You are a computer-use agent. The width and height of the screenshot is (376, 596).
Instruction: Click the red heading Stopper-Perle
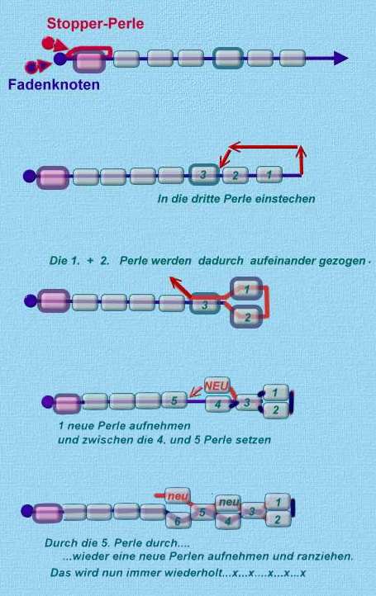click(95, 24)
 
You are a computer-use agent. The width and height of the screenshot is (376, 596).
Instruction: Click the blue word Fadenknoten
click(54, 84)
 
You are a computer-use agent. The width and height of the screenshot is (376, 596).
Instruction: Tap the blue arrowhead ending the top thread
click(341, 58)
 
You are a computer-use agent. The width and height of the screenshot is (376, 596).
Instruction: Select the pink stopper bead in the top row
click(89, 62)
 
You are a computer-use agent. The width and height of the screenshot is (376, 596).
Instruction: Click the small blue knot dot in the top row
click(59, 59)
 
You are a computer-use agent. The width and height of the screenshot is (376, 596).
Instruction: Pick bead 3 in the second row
click(204, 175)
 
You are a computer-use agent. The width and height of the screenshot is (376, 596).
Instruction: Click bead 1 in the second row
click(269, 175)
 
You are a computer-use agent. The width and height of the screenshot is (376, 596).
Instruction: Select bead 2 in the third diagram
click(246, 317)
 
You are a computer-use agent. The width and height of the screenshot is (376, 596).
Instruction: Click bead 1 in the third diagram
click(246, 289)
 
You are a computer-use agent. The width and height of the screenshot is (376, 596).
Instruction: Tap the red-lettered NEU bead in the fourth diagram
click(217, 386)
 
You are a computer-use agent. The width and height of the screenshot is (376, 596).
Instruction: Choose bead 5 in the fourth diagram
click(174, 400)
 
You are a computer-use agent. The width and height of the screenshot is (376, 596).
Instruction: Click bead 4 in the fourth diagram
click(218, 404)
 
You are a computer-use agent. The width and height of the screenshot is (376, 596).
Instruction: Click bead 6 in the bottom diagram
click(178, 520)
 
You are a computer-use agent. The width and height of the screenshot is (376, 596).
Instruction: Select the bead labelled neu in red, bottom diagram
click(178, 496)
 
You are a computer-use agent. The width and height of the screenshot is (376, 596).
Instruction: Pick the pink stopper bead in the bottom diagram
click(48, 513)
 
